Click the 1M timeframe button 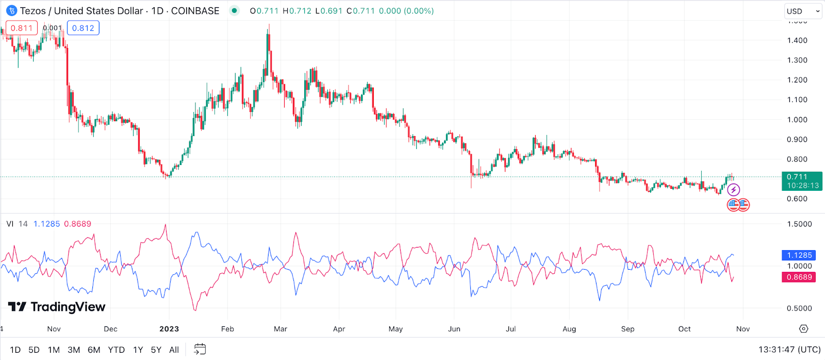(54, 350)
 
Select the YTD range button (116, 350)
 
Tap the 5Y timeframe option (156, 350)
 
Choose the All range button (174, 350)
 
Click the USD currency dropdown (803, 11)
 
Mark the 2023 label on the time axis (169, 329)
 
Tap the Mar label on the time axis (280, 329)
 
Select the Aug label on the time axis (569, 329)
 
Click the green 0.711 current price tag (802, 181)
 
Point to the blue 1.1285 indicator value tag (799, 255)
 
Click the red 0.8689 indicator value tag (799, 277)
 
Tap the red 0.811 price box (22, 28)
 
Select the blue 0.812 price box (83, 28)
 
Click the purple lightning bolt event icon (733, 190)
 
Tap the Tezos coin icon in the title (11, 11)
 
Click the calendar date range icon (200, 350)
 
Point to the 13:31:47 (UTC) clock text (789, 350)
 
